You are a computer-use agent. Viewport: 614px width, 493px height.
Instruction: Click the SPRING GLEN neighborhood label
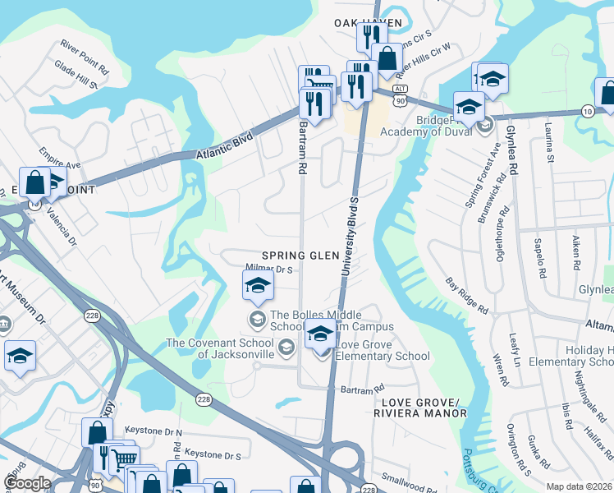pos(300,256)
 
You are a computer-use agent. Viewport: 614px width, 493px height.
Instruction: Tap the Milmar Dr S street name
pos(269,268)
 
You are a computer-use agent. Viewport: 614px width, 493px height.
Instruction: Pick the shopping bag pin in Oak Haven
pos(387,59)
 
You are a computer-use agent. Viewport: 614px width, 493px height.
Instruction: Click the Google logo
pos(27,482)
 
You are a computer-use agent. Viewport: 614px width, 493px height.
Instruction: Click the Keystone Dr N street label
pos(153,431)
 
